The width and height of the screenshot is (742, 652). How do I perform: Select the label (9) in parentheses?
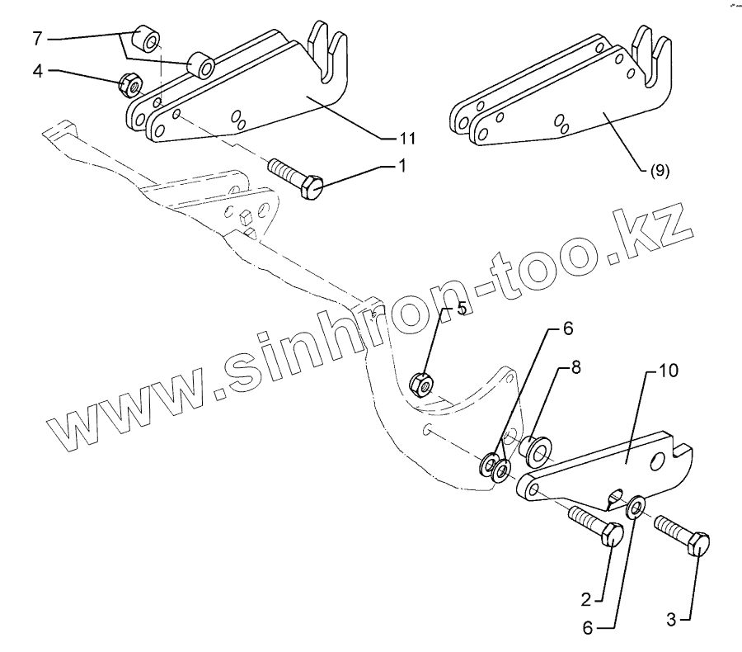(659, 171)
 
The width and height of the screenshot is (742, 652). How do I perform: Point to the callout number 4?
(38, 72)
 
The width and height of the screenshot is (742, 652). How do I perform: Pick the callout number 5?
(462, 309)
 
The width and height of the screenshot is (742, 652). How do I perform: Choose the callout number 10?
(669, 371)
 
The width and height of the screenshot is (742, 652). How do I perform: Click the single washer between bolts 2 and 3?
(636, 507)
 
